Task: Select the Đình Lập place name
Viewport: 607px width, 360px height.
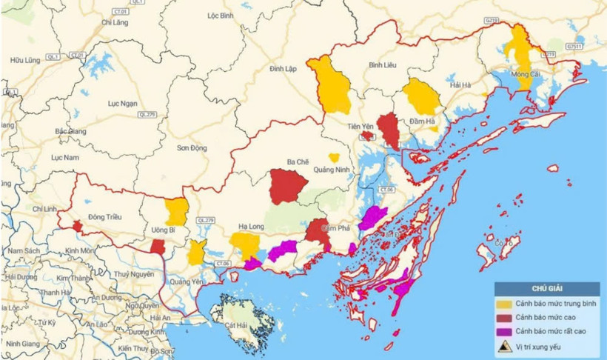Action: tap(283, 69)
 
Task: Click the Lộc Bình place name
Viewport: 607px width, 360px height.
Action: tap(221, 16)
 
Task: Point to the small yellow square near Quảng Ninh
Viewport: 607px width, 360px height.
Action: tap(334, 157)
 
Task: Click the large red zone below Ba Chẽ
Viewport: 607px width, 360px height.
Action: tap(287, 185)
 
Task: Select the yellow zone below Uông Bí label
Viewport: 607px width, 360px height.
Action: tap(196, 252)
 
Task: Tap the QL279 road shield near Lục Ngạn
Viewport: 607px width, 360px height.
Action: tap(147, 114)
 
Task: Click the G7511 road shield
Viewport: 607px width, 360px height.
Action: tap(574, 46)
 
